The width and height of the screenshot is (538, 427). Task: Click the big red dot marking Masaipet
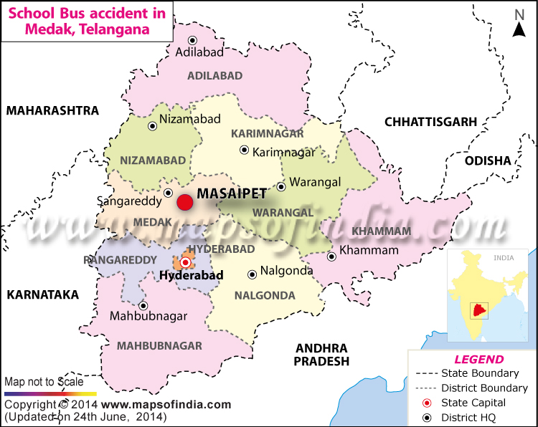pyautogui.click(x=185, y=203)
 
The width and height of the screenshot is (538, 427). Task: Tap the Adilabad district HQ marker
pyautogui.click(x=192, y=41)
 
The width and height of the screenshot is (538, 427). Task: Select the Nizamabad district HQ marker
pyautogui.click(x=152, y=126)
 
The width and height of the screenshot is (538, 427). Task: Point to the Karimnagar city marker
pyautogui.click(x=245, y=150)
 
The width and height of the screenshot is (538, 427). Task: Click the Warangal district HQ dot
pyautogui.click(x=281, y=186)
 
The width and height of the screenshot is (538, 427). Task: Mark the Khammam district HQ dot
pyautogui.click(x=331, y=256)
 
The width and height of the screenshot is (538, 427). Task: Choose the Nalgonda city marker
pyautogui.click(x=252, y=274)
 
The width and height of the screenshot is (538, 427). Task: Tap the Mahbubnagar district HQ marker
pyautogui.click(x=143, y=304)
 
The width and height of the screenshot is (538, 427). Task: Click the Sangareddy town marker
pyautogui.click(x=168, y=193)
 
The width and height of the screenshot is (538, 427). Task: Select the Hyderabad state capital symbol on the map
pyautogui.click(x=185, y=262)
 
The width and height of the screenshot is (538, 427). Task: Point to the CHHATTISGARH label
pyautogui.click(x=430, y=122)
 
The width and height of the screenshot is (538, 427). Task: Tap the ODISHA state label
pyautogui.click(x=488, y=160)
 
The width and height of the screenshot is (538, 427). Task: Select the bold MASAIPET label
pyautogui.click(x=232, y=193)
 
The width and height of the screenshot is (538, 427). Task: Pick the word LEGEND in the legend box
pyautogui.click(x=479, y=360)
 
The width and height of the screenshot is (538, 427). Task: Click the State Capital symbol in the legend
pyautogui.click(x=428, y=403)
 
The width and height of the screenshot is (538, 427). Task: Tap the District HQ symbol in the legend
pyautogui.click(x=428, y=418)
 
